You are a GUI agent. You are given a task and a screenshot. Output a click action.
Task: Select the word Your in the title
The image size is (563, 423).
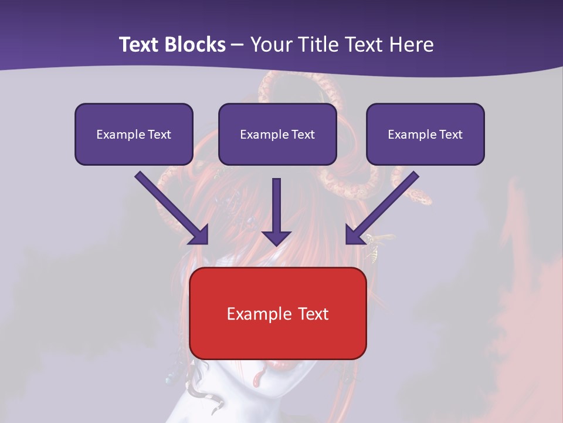click(x=270, y=45)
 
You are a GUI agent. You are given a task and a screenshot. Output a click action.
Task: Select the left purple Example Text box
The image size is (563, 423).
click(x=134, y=134)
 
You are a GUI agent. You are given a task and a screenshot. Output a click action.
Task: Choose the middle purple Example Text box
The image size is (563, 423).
click(x=277, y=134)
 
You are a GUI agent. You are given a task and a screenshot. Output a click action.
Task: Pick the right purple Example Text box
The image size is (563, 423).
click(x=425, y=134)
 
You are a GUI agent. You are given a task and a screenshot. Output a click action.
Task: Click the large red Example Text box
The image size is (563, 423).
click(x=277, y=313)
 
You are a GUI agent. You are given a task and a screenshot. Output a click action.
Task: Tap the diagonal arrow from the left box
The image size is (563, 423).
click(x=173, y=209)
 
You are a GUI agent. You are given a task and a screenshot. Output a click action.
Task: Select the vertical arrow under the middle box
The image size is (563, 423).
click(x=276, y=211)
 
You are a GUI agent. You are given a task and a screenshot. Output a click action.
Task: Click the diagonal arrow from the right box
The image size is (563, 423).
click(x=381, y=209)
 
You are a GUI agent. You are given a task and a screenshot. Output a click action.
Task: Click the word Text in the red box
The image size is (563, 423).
click(x=313, y=314)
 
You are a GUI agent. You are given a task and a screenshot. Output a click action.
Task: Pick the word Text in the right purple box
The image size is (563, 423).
click(x=450, y=135)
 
